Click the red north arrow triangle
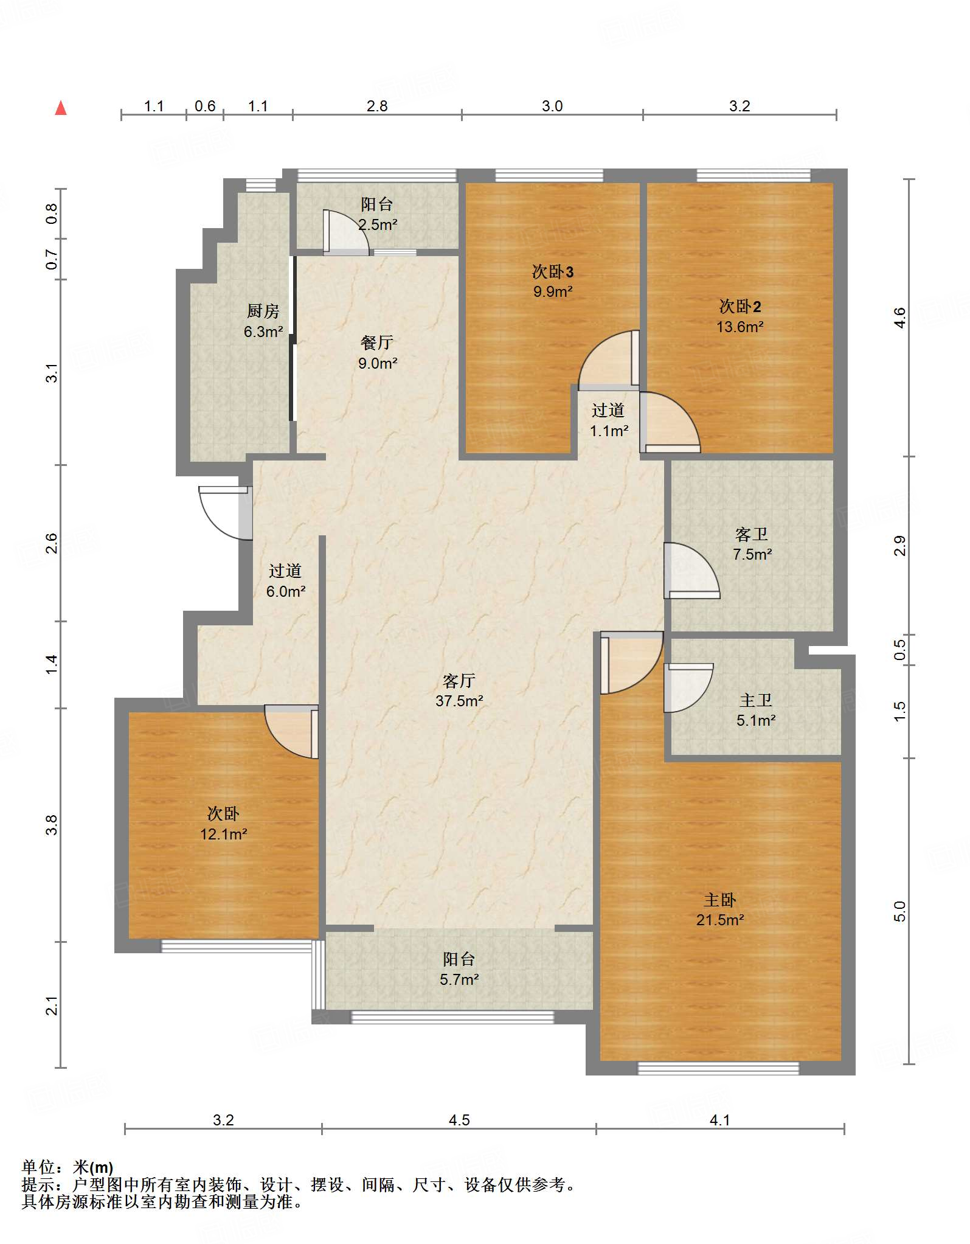coord(61,108)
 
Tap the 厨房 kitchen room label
coord(263,311)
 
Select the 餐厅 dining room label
coord(377,342)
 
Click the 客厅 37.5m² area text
coord(459,701)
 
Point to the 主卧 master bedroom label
coord(720,900)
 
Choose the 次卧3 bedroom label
coord(553,271)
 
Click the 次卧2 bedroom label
coord(740,306)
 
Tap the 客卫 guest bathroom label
coord(752,534)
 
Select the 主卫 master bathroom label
coord(756,700)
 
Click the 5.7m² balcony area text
coord(459,979)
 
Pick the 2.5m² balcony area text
coord(378,224)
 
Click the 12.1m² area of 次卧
coord(224,834)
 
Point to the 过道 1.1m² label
coord(609,420)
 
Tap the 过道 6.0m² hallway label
coord(286,581)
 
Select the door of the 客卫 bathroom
coord(691,571)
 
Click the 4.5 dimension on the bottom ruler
coord(459,1120)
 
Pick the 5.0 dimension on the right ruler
coord(900,911)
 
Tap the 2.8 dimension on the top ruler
coord(377,106)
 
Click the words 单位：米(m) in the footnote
coord(68,1167)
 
